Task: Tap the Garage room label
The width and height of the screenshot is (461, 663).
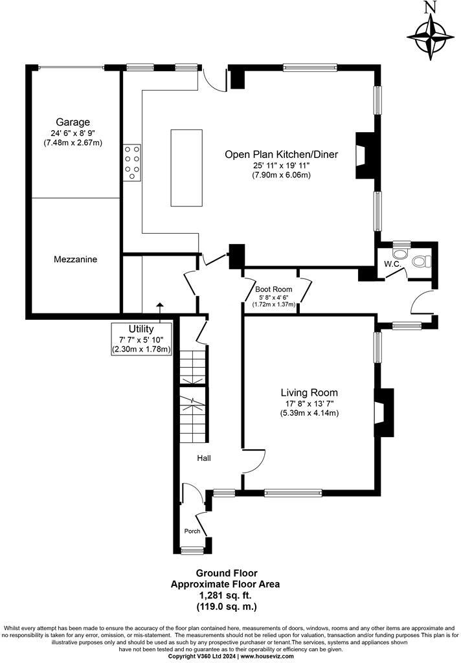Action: pos(73,122)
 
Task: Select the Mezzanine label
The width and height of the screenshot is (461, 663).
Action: pos(76,259)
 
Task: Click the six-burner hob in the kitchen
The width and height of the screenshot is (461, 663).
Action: pos(132,163)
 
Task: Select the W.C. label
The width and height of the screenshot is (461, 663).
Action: pos(394,264)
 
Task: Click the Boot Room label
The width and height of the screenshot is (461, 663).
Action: pos(273,289)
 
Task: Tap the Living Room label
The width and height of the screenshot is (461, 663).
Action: pos(309,392)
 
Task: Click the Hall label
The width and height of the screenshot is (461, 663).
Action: pos(204,458)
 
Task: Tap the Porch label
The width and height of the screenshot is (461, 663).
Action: pos(192,531)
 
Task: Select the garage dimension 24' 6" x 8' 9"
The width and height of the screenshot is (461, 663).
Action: pos(73,133)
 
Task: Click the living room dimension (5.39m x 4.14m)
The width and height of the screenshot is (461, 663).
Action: pos(309,412)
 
